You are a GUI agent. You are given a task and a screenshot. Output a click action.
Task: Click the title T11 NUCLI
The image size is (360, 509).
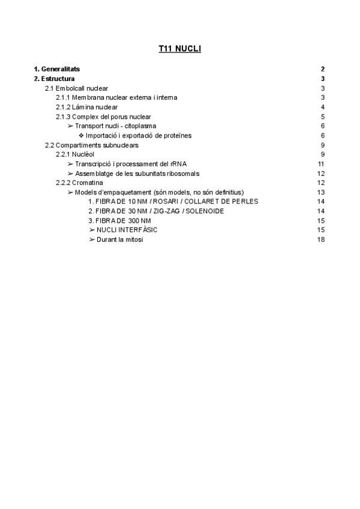tap(176, 49)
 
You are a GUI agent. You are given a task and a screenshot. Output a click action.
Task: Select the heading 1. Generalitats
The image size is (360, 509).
tap(57, 69)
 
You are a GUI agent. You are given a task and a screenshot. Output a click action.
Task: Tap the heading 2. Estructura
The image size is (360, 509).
tap(54, 79)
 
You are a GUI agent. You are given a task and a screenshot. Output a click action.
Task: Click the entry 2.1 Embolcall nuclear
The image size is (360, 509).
tap(77, 88)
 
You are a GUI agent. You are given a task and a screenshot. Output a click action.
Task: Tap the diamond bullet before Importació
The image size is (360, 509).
tap(81, 136)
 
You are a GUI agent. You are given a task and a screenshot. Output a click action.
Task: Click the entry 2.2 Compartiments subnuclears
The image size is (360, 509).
tap(92, 145)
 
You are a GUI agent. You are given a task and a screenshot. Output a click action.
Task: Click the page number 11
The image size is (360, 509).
tap(321, 164)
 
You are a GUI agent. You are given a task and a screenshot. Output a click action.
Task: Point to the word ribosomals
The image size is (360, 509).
tap(182, 173)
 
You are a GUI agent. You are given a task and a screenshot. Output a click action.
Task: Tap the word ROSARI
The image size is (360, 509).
tap(152, 202)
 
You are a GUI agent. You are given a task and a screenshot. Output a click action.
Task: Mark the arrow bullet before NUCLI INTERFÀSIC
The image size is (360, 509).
tap(92, 230)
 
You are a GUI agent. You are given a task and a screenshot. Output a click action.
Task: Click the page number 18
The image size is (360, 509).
tap(321, 239)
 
